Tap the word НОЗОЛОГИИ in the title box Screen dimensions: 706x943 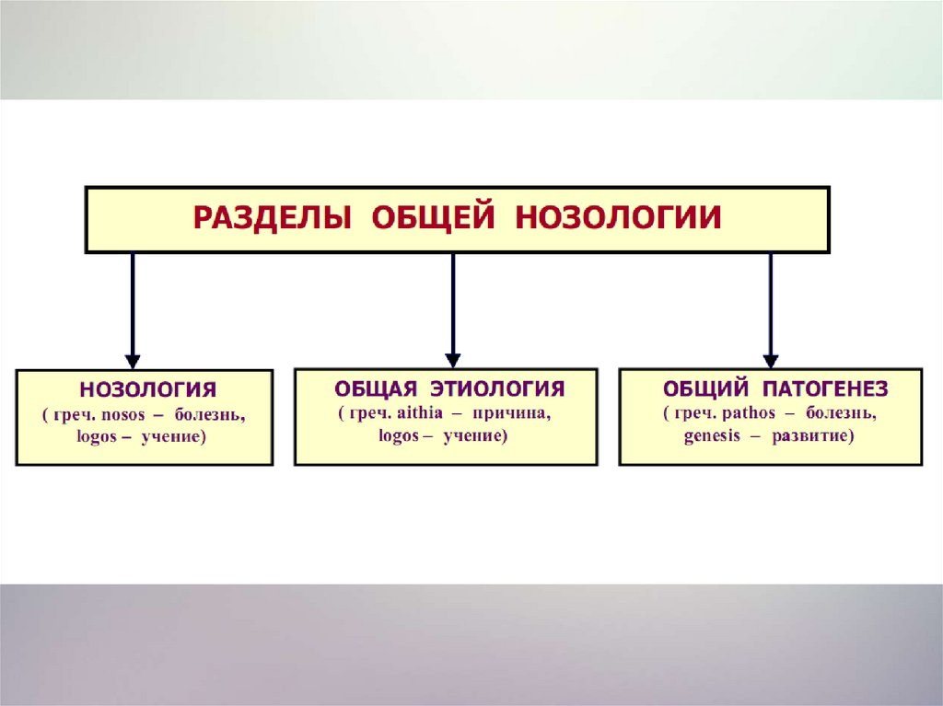click(x=618, y=219)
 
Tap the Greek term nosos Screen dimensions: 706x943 click(x=122, y=415)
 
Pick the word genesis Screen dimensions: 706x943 click(x=712, y=436)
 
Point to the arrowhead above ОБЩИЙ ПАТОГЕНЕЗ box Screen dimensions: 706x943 click(x=771, y=360)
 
